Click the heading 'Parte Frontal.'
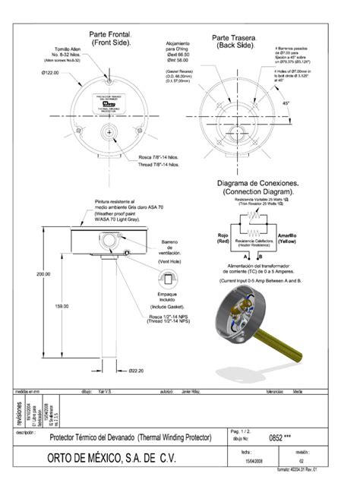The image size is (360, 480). click(111, 35)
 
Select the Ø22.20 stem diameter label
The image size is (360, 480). click(136, 371)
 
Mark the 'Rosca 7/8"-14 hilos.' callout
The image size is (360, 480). click(158, 157)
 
